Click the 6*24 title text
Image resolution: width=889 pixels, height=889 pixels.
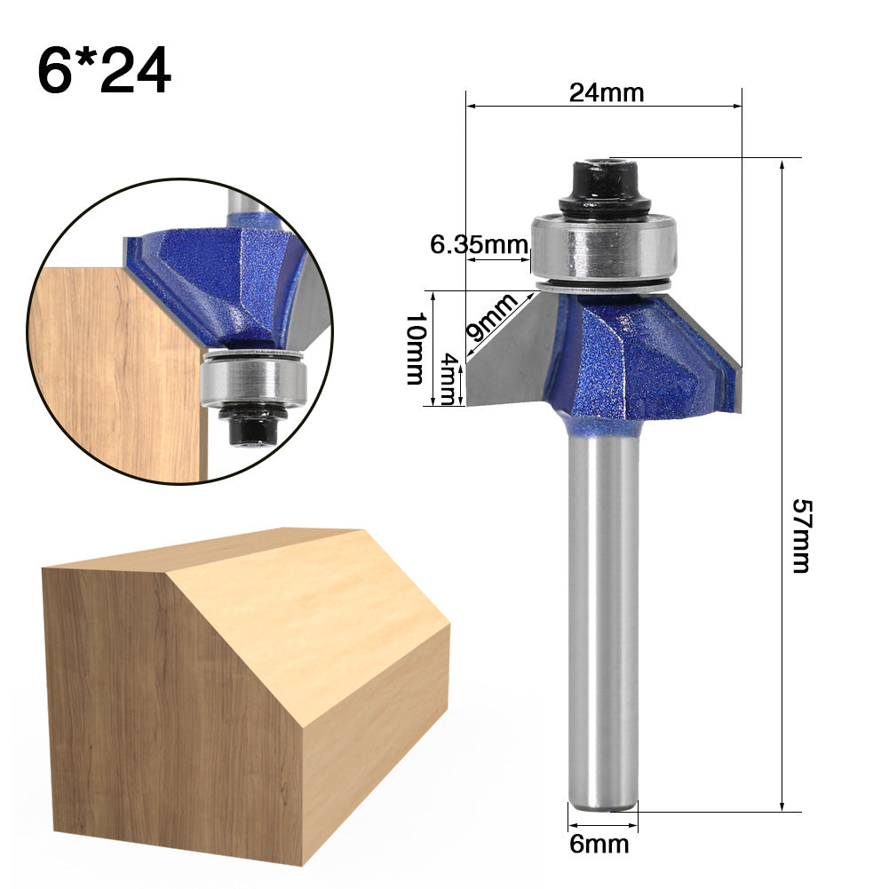click(x=104, y=71)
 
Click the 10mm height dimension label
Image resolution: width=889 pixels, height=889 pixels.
click(x=415, y=348)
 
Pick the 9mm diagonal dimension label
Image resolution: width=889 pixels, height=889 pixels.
click(x=491, y=318)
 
